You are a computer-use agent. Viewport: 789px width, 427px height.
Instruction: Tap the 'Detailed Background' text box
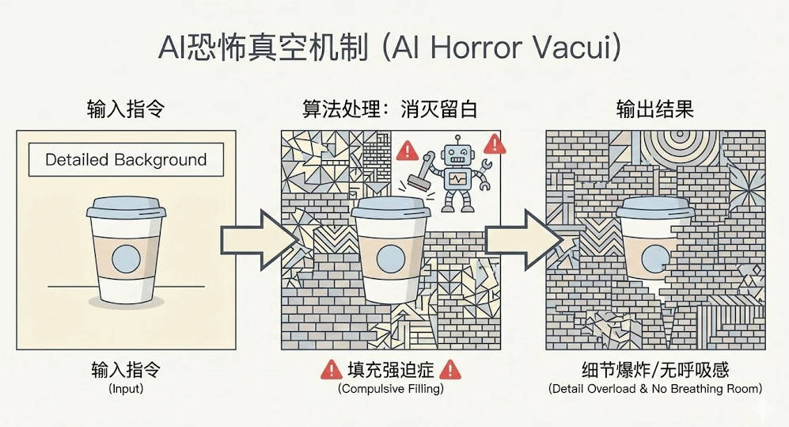[126, 159]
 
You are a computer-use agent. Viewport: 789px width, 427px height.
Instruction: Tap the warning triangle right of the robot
[495, 143]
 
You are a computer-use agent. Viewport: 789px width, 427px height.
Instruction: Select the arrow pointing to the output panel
[515, 238]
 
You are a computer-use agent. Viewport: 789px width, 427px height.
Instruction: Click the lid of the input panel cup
[126, 208]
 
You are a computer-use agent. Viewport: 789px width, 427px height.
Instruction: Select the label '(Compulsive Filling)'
[391, 389]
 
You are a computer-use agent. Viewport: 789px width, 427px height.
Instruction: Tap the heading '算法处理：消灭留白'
[390, 109]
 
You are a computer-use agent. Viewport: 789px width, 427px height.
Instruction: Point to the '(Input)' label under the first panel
[126, 389]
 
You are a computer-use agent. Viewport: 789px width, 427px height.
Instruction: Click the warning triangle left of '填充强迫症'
[331, 369]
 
